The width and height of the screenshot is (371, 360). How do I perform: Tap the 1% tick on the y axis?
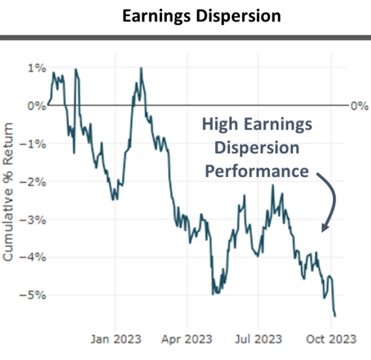click(37, 68)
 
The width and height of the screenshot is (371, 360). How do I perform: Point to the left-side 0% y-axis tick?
click(37, 106)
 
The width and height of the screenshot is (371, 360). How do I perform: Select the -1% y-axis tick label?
click(35, 144)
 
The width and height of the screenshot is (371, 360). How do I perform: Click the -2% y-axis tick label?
click(35, 182)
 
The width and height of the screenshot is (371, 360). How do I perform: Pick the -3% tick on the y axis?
click(35, 220)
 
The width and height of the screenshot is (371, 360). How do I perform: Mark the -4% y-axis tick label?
click(35, 258)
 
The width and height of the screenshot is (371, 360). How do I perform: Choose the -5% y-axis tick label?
click(35, 296)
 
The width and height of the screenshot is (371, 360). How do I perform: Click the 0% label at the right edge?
click(358, 106)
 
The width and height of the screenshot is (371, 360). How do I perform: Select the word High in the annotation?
click(218, 125)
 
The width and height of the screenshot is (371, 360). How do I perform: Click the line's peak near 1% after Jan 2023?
click(141, 68)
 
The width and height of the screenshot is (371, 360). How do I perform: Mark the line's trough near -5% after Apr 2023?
click(214, 294)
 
